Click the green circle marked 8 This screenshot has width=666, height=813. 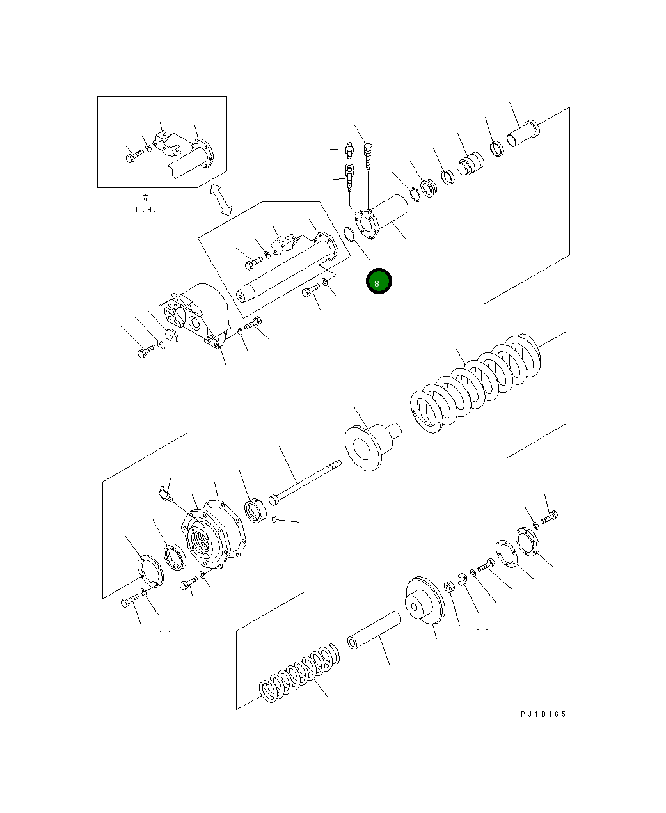pos(379,282)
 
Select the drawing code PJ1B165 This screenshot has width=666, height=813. pos(543,714)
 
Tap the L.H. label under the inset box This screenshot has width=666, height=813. pos(145,209)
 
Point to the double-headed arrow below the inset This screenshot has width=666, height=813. pos(221,199)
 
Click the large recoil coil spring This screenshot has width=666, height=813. pos(477,384)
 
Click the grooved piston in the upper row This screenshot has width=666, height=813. pos(470,164)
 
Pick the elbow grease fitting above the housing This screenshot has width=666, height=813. pos(164,494)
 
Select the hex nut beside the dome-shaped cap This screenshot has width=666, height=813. pos(449,586)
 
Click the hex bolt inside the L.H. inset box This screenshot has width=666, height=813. pos(132,155)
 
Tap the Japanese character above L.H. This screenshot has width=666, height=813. pos(145,198)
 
